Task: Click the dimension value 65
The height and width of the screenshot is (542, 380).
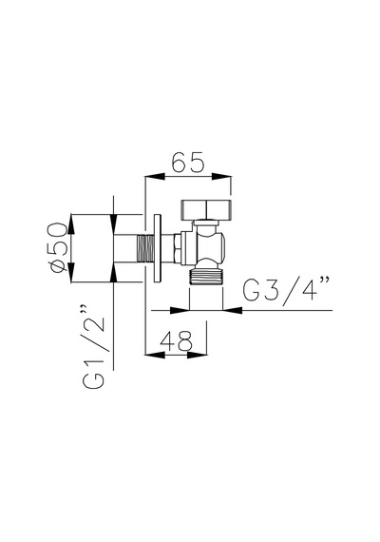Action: (188, 162)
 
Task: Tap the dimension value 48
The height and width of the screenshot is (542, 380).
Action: (176, 340)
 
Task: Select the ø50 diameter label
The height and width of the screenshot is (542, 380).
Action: (57, 247)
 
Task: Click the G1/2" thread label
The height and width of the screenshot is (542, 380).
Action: (93, 347)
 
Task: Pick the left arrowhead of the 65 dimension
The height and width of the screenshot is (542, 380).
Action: (154, 176)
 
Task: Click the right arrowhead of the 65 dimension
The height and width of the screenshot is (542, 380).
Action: (221, 176)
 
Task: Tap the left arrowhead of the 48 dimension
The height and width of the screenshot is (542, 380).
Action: (155, 355)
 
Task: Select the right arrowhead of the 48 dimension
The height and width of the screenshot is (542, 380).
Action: (197, 355)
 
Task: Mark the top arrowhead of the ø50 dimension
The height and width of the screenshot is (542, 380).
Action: (71, 224)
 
